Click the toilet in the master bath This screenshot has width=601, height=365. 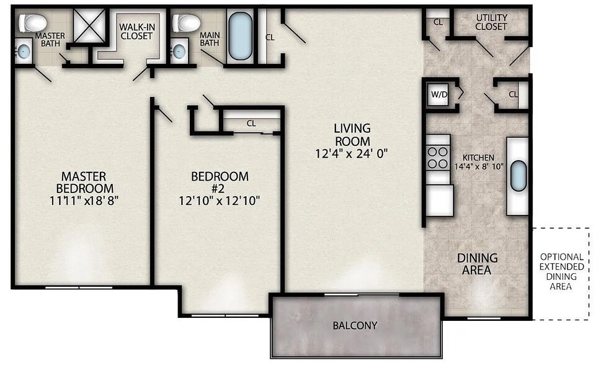(33, 22)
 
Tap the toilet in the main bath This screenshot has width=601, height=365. (186, 23)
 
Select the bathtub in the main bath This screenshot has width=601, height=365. (240, 36)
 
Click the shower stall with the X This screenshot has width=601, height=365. (89, 26)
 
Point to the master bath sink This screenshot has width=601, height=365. (24, 51)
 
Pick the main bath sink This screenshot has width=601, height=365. (179, 51)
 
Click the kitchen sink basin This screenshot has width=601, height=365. (519, 176)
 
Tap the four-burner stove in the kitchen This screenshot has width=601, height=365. (438, 158)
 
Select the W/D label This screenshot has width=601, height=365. (439, 94)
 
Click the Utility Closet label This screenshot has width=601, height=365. (491, 22)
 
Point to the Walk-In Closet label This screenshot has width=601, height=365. (136, 32)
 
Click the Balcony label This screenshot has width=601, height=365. (355, 325)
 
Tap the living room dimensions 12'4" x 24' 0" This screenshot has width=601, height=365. (352, 153)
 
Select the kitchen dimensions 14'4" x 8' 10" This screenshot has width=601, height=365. (478, 166)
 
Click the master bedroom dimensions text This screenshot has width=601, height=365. (84, 201)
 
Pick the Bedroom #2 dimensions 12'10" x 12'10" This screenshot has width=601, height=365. (219, 201)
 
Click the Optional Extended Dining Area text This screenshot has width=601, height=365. (561, 271)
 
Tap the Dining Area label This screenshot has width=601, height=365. (477, 264)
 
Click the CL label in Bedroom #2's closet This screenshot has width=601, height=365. (251, 123)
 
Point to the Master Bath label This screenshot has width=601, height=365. (50, 40)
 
